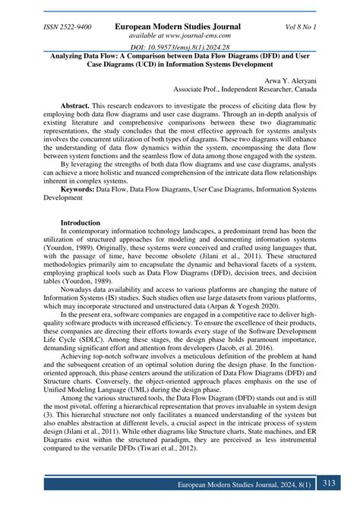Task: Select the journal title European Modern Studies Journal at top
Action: tap(177, 27)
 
